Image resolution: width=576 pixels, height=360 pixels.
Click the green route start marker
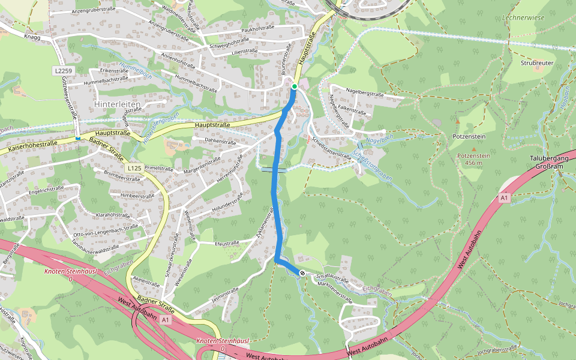click(294, 87)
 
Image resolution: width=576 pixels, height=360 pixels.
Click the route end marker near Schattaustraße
click(302, 274)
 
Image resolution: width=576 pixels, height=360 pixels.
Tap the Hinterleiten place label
click(118, 104)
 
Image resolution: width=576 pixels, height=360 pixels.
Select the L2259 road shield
click(63, 71)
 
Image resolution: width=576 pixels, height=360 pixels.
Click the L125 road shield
click(134, 169)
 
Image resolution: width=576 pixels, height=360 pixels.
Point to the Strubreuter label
click(536, 62)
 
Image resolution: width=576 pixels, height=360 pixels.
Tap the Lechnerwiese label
click(524, 18)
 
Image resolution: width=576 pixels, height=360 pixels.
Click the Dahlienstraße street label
click(220, 142)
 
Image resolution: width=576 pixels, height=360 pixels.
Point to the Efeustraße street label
click(226, 243)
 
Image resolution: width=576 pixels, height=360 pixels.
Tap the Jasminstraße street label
click(226, 292)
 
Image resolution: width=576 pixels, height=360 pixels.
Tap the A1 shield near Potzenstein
click(503, 197)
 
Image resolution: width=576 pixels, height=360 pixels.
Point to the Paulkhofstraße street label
click(257, 28)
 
